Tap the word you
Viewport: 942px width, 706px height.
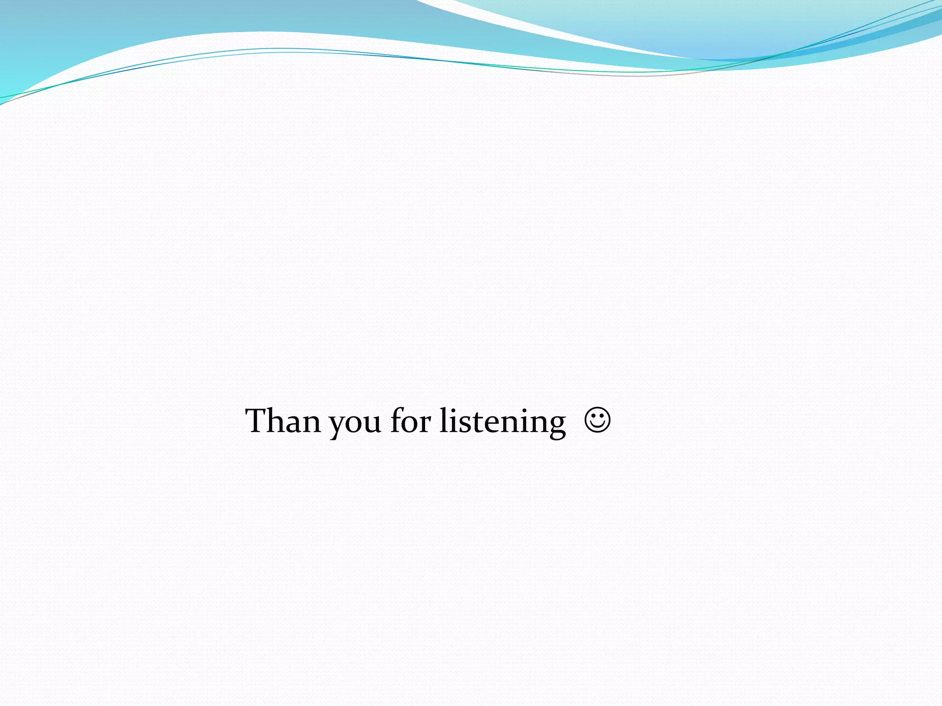tap(355, 423)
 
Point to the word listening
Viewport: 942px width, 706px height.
tap(502, 422)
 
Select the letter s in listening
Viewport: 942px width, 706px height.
tap(462, 425)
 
